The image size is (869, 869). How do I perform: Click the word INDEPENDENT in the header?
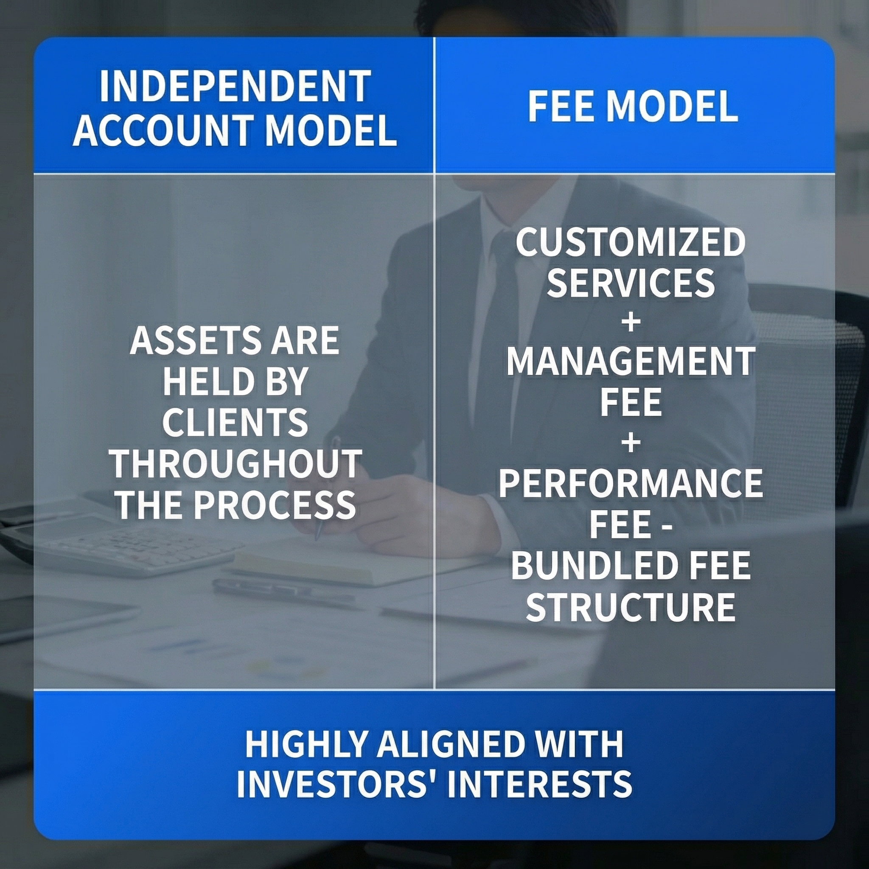[x=235, y=87]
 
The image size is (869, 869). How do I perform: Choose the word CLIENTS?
[x=235, y=423]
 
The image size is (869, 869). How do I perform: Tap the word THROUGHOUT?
[x=235, y=464]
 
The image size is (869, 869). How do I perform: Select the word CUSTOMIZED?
[x=631, y=242]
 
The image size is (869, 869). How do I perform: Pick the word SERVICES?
[x=631, y=283]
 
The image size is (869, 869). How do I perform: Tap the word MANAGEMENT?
[x=631, y=362]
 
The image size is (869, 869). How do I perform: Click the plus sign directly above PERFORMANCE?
[x=631, y=443]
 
